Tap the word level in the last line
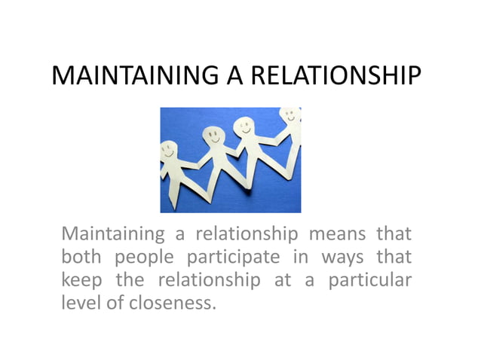click(x=78, y=305)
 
